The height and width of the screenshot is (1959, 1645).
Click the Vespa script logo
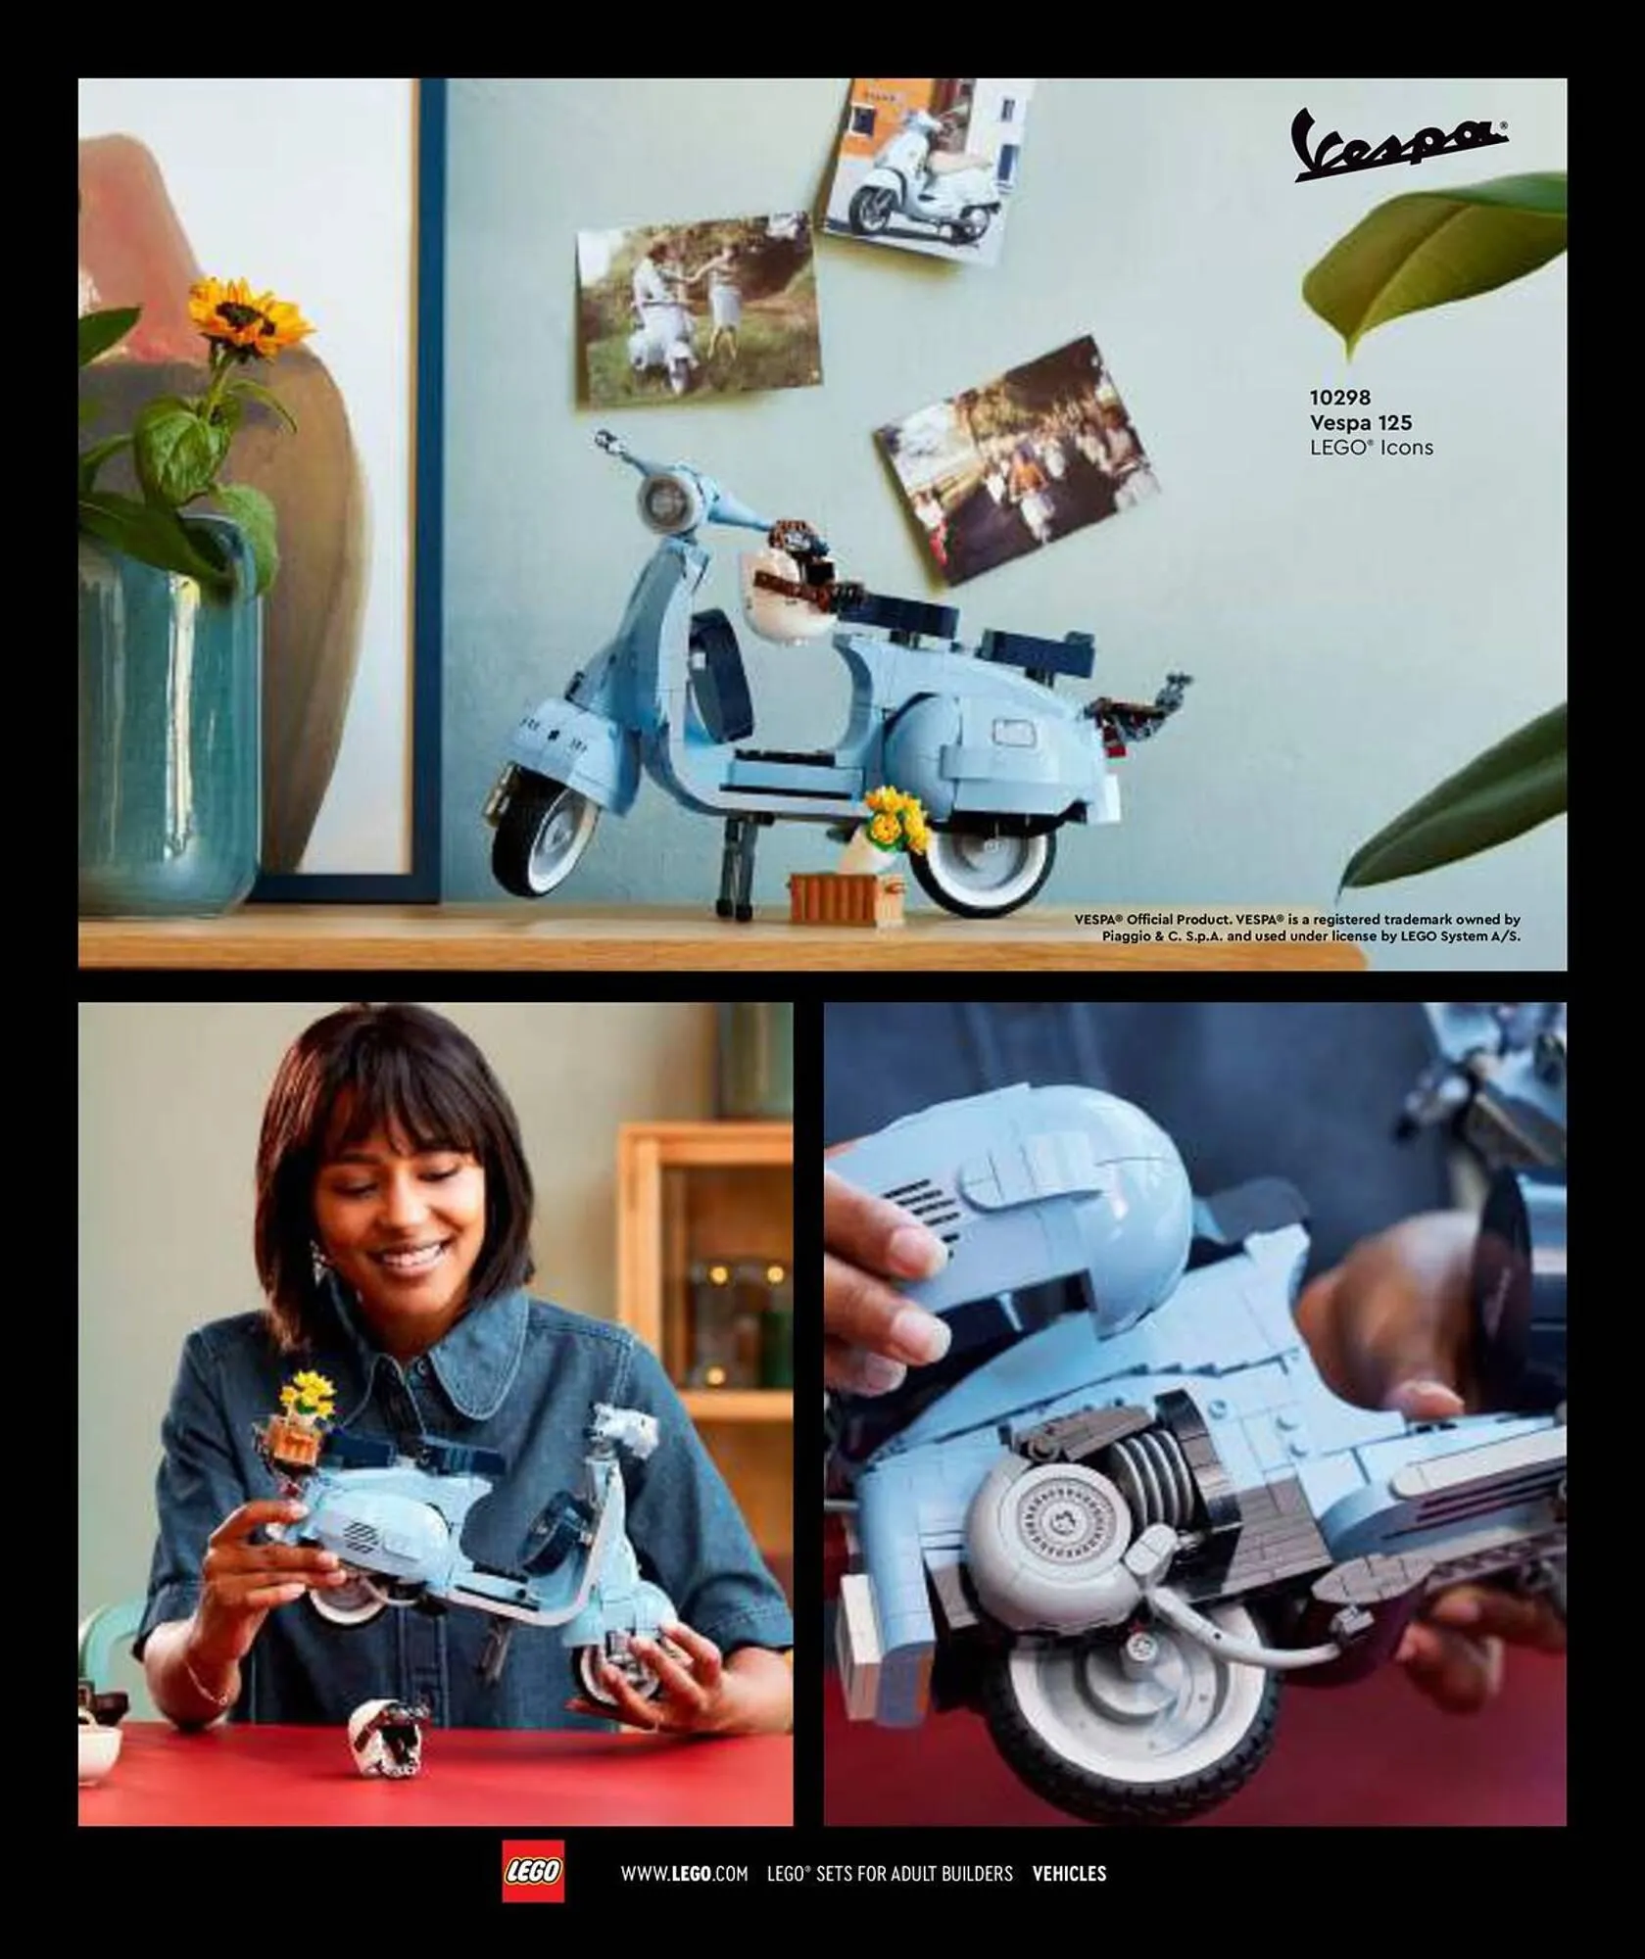tap(1399, 146)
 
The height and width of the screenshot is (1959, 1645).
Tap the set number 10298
tap(1339, 398)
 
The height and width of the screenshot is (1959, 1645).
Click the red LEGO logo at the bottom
tap(533, 1872)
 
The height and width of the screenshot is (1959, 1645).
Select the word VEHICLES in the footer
tap(1069, 1874)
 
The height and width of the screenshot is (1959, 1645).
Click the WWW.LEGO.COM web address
tap(684, 1874)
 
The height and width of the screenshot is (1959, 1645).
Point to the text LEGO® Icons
tap(1371, 448)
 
